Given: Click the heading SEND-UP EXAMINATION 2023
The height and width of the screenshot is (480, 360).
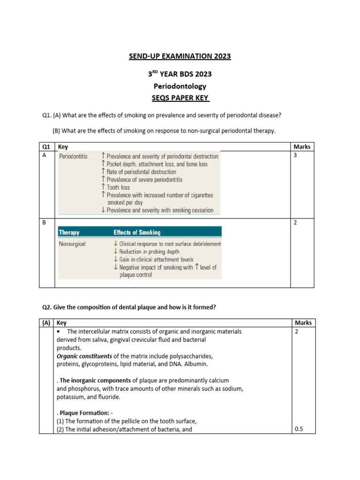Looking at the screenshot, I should [x=180, y=57].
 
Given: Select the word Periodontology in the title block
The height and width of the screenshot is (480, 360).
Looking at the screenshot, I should [x=180, y=86].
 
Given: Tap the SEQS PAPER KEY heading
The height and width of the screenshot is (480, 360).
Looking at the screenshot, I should [x=180, y=97].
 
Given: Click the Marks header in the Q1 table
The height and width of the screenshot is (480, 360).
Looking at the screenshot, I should [x=301, y=147].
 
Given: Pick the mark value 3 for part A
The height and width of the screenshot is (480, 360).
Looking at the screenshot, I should [x=295, y=156].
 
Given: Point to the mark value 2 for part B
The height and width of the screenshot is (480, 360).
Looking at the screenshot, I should [x=295, y=223].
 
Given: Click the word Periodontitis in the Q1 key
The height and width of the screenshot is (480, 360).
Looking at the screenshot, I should [x=73, y=156].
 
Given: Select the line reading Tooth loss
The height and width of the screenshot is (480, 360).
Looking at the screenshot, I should [x=118, y=187].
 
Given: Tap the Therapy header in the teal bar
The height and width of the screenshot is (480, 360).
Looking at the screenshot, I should [x=69, y=232].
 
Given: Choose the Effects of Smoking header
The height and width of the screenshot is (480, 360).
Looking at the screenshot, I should [x=137, y=232].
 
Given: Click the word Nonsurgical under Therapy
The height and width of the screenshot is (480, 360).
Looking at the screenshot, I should [x=72, y=244].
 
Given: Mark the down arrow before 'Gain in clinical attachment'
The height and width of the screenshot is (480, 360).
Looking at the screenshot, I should [x=116, y=259].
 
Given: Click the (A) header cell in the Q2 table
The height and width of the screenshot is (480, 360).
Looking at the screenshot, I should [x=46, y=323].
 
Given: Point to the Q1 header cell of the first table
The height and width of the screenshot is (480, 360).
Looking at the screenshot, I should [x=46, y=147].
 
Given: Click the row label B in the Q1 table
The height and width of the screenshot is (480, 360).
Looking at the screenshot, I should [x=45, y=223].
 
